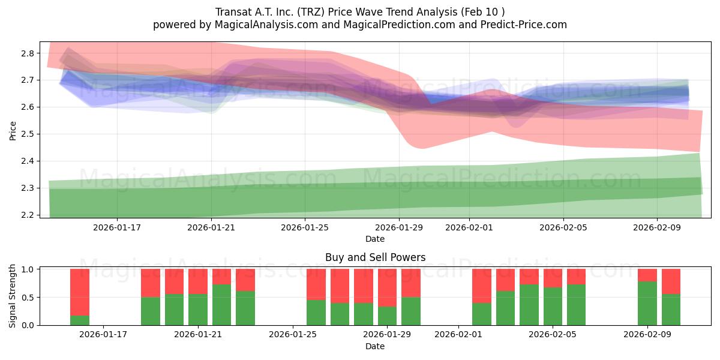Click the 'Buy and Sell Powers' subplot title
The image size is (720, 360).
pyautogui.click(x=375, y=257)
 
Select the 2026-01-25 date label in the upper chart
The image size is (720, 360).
pyautogui.click(x=305, y=227)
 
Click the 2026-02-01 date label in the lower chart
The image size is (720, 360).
pyautogui.click(x=458, y=334)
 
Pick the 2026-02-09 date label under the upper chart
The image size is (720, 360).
pyautogui.click(x=657, y=227)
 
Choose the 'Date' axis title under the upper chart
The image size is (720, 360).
pyautogui.click(x=375, y=239)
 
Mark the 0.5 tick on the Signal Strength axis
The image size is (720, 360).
pyautogui.click(x=29, y=298)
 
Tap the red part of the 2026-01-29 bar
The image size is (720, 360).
pyautogui.click(x=387, y=287)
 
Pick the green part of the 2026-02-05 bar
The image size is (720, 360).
pyautogui.click(x=553, y=306)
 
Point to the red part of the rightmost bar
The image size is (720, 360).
pyautogui.click(x=671, y=281)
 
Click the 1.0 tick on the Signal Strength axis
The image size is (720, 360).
pyautogui.click(x=29, y=269)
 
